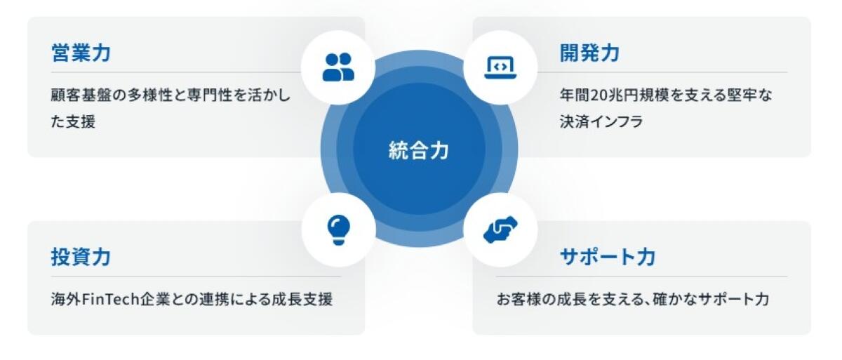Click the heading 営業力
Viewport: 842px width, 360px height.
click(x=81, y=53)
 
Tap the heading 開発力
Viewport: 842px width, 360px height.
click(x=589, y=53)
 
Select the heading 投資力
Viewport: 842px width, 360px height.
click(x=81, y=257)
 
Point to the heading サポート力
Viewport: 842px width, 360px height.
click(x=608, y=257)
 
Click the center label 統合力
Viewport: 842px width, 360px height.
click(x=419, y=150)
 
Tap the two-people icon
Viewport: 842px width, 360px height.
click(x=338, y=67)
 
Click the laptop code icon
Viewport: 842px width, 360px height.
click(x=500, y=67)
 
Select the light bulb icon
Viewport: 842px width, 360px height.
click(x=339, y=230)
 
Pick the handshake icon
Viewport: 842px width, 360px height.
click(x=500, y=229)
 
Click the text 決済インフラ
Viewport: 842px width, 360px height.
click(x=601, y=121)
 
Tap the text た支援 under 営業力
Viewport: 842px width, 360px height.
click(x=73, y=121)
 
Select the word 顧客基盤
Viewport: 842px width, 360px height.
click(x=81, y=95)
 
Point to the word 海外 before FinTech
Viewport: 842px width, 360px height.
click(x=66, y=300)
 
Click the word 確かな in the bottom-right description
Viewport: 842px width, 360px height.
click(x=675, y=300)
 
